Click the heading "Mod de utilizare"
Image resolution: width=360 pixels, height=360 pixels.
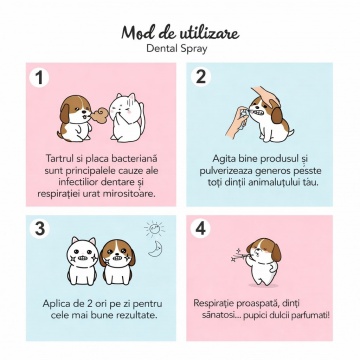180,33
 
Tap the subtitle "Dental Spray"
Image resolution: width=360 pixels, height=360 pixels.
177,48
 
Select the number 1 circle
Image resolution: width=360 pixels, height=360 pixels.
39,78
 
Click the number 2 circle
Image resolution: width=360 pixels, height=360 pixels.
201,77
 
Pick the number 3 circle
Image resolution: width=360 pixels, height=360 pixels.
39,229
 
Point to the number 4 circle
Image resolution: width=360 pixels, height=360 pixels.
200,229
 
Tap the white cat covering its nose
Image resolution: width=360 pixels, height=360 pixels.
127,117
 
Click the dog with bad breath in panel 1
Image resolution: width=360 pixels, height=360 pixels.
75,118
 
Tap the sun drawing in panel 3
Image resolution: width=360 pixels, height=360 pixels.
154,229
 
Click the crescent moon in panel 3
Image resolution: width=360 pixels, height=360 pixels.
154,250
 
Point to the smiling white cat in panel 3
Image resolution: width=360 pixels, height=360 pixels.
82,261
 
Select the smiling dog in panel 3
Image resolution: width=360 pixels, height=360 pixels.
118,262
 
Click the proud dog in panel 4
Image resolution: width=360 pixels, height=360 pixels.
263,262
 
